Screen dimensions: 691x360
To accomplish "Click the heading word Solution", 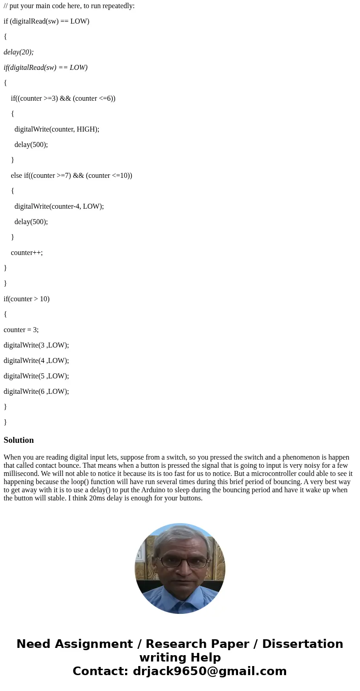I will [x=19, y=440].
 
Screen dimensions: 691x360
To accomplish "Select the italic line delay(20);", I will [x=19, y=52].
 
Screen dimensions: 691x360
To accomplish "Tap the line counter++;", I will [x=27, y=252].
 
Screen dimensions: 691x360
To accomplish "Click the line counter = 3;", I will [x=21, y=329].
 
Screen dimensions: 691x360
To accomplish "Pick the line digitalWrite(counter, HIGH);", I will [x=57, y=129].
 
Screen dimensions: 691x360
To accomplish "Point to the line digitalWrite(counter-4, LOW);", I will [x=59, y=206].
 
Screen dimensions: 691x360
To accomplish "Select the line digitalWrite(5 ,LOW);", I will [x=36, y=376].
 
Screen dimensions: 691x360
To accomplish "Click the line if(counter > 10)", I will [x=26, y=299].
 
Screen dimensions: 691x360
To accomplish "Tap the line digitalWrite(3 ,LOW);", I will [x=36, y=345].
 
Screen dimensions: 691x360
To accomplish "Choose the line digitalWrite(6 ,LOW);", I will [x=36, y=391].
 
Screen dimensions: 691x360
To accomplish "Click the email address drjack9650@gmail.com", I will [x=209, y=671].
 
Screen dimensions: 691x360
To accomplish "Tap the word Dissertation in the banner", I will [x=302, y=644].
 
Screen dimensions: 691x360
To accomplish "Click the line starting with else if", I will [x=71, y=175].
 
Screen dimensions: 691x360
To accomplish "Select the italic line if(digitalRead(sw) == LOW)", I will [x=45, y=68].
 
